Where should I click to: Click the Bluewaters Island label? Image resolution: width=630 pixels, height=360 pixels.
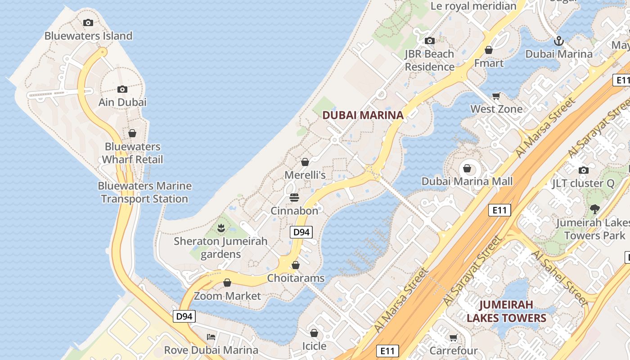click(x=88, y=36)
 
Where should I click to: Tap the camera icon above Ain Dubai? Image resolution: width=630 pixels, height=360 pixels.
click(x=122, y=90)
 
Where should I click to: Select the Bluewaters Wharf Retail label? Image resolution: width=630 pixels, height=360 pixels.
click(x=132, y=153)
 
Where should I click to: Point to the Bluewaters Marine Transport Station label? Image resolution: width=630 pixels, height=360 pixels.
click(x=144, y=192)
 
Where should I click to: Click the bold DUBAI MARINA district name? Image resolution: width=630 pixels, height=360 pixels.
click(x=363, y=115)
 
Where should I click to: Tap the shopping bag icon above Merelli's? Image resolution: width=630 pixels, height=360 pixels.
click(x=305, y=162)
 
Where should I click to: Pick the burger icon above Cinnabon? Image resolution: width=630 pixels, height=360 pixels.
click(x=294, y=198)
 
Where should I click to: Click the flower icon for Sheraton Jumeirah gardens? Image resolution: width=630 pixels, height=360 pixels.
click(x=220, y=228)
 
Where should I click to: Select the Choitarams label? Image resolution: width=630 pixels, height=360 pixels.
click(x=296, y=278)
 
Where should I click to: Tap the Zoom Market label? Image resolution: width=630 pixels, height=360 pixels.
click(x=227, y=296)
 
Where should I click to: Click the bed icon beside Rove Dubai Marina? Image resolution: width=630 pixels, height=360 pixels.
click(x=211, y=337)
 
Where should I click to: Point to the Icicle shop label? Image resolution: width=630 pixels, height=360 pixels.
click(x=314, y=346)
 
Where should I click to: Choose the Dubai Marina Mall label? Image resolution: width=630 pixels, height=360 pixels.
click(x=467, y=181)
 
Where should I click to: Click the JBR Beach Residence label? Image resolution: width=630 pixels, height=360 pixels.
click(x=429, y=60)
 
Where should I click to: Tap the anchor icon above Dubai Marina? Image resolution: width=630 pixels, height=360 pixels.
click(x=558, y=41)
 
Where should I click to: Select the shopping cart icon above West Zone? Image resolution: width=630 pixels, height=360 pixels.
click(x=496, y=96)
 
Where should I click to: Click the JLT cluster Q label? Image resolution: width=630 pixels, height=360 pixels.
click(x=583, y=183)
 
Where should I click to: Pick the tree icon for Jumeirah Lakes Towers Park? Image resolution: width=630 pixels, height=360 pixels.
click(x=594, y=209)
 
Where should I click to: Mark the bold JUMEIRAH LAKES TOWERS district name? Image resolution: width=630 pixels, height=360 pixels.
click(x=506, y=311)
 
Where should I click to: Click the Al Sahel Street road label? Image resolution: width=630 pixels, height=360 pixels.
click(x=560, y=278)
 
